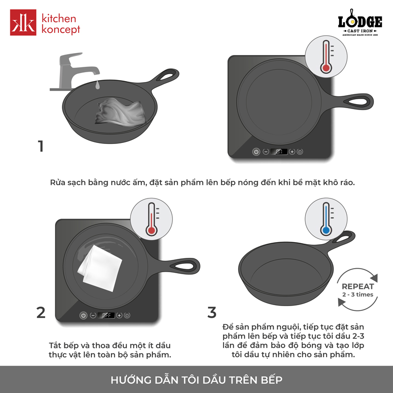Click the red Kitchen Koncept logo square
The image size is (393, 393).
[x=23, y=22]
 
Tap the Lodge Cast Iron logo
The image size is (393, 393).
[x=360, y=23]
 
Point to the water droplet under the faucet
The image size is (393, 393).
[x=97, y=84]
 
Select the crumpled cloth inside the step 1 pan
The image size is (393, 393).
[x=120, y=112]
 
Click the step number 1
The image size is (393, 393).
[x=41, y=146]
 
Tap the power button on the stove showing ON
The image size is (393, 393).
[x=256, y=152]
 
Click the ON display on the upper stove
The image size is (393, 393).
[x=279, y=152]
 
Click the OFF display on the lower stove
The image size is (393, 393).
[x=106, y=315]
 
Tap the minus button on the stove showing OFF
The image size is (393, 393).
[x=93, y=315]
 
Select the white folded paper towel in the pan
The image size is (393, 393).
[x=100, y=268]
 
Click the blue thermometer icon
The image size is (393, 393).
[x=326, y=219]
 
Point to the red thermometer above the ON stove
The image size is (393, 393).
[x=326, y=56]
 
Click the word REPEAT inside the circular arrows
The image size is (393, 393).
[x=358, y=286]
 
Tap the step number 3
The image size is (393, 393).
[x=212, y=312]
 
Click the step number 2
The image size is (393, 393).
[x=41, y=312]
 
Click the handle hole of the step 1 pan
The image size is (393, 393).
[x=168, y=76]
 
